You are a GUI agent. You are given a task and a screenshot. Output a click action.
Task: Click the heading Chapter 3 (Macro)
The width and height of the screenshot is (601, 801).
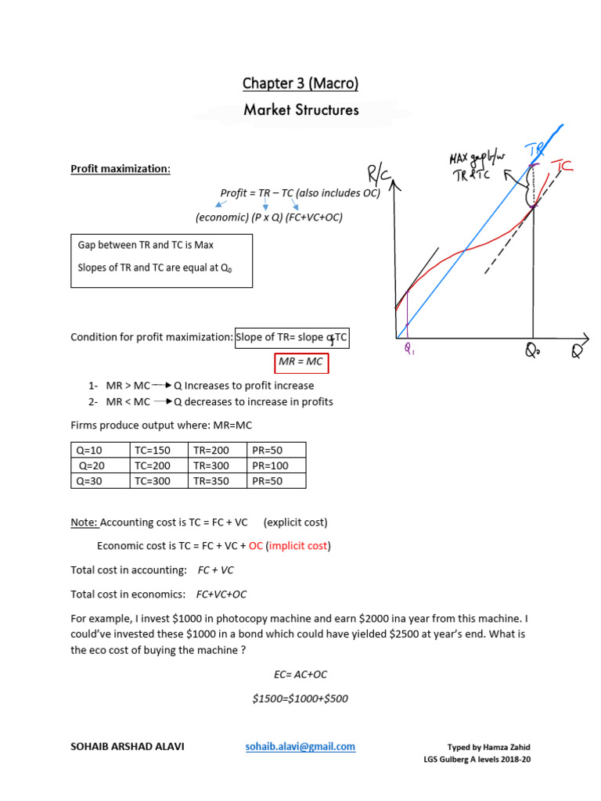300,84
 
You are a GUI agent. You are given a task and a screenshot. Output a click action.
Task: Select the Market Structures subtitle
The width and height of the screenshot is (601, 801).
300,110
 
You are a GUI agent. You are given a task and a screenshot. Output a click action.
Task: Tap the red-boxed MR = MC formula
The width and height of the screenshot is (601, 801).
301,362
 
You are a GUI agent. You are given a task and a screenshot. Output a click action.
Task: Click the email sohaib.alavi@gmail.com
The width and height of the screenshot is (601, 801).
300,746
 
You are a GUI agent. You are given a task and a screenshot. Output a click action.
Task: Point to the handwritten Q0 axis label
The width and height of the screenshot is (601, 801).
533,353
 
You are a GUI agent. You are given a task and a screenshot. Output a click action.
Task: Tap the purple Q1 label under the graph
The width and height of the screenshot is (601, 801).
410,351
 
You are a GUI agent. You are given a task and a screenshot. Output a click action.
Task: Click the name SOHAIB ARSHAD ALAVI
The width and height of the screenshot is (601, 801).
128,746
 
